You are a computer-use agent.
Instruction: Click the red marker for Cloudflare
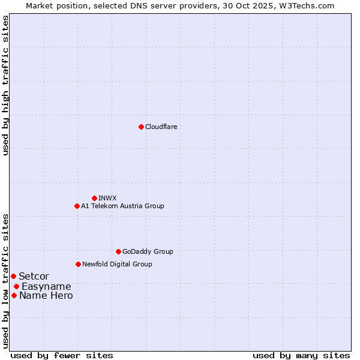coord(141,127)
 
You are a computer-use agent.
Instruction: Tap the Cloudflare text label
coord(161,127)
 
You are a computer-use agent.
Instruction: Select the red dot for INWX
coord(94,198)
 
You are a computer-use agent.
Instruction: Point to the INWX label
coord(107,198)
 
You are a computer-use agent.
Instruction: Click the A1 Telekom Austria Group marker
coord(77,206)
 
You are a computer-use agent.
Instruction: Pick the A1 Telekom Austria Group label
coord(122,206)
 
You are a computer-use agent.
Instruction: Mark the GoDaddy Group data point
coord(118,251)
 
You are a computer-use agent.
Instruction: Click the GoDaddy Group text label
coord(148,251)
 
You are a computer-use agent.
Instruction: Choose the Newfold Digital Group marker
coord(78,264)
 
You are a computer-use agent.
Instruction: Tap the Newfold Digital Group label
coord(117,264)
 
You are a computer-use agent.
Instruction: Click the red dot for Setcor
coord(13,276)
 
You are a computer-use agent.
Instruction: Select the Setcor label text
coord(34,276)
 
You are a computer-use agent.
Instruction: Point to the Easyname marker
coord(16,286)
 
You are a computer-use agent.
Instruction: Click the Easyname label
coord(46,286)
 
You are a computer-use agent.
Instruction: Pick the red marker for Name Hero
coord(14,295)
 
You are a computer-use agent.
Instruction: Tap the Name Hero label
coord(46,295)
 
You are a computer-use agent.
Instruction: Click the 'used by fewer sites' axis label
coord(62,355)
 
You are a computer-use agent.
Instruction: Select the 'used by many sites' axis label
coord(301,355)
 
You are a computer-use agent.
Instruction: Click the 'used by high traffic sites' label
coord(5,85)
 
